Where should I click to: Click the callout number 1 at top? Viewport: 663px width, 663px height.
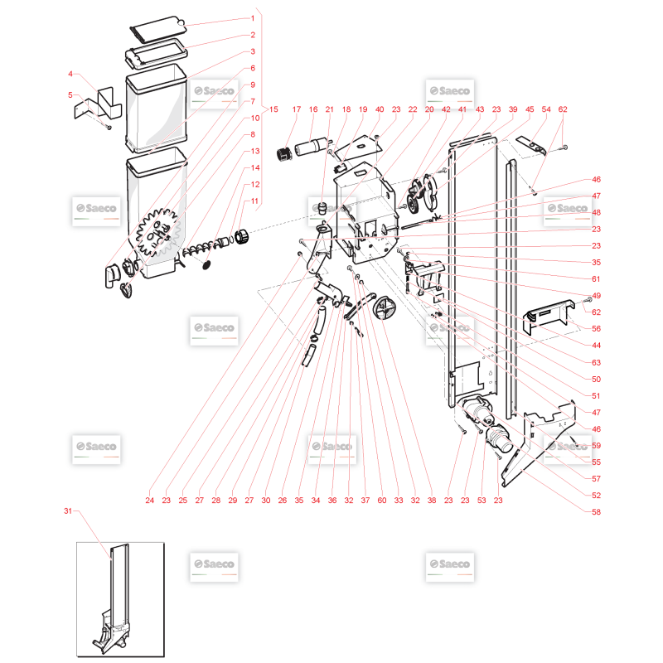click(253, 18)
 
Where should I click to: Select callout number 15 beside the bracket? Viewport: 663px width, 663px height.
click(273, 109)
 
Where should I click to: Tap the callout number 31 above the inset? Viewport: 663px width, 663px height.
click(68, 511)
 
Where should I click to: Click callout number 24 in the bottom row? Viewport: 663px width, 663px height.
click(150, 501)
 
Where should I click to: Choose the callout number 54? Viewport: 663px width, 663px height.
click(546, 109)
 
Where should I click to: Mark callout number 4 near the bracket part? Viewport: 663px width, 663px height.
click(70, 74)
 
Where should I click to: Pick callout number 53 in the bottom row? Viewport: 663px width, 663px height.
click(482, 501)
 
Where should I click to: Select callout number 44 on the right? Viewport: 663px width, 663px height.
click(596, 345)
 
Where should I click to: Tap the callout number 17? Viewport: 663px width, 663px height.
click(297, 109)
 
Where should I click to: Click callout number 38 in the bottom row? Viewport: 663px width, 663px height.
click(432, 501)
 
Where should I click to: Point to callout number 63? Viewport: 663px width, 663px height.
click(596, 362)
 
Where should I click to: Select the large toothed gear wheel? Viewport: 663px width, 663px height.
click(157, 233)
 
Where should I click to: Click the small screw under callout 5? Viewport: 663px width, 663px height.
click(109, 127)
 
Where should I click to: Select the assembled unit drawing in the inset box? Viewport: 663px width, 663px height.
click(114, 599)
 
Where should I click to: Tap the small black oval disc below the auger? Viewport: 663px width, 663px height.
click(206, 265)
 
